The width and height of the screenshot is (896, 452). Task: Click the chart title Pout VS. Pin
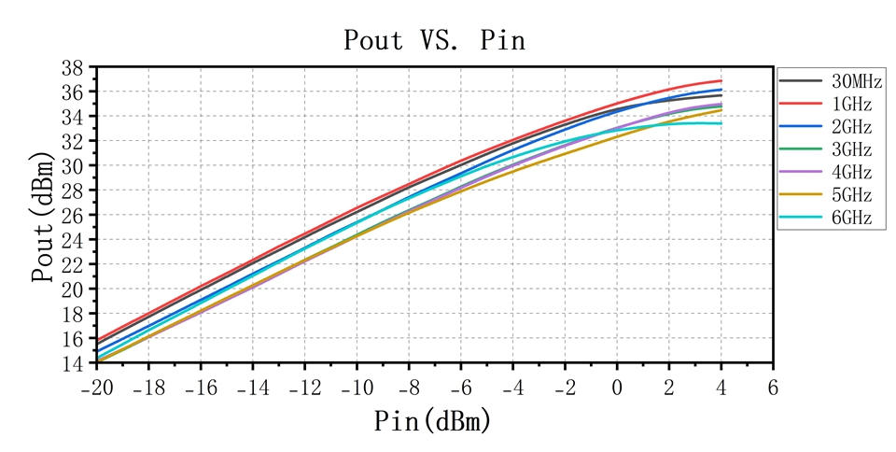coord(435,41)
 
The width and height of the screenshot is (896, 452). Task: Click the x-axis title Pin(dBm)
coord(433,421)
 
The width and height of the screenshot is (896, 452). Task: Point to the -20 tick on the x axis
coord(96,387)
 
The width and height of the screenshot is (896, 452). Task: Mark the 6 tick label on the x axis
coord(773,387)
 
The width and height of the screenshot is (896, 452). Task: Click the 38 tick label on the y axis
coord(72,68)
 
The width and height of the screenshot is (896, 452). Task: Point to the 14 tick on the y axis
coord(72,363)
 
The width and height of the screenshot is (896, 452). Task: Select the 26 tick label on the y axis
coord(72,216)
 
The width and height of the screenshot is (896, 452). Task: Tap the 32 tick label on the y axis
coord(72,142)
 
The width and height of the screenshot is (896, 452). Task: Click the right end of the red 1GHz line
coord(721,80)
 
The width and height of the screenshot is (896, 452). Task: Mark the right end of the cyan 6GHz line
coord(721,123)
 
